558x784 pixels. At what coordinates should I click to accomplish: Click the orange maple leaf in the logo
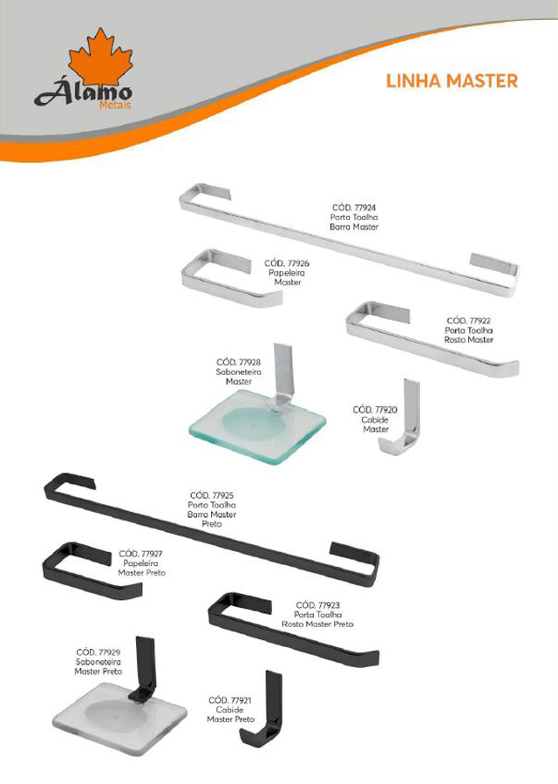pos(100,58)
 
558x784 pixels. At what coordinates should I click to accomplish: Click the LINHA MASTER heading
pos(452,81)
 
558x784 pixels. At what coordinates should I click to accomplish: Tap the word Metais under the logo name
pos(115,105)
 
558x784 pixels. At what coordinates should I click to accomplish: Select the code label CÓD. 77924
pos(354,208)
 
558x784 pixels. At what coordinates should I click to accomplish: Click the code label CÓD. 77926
pos(287,263)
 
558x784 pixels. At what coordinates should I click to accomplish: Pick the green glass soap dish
pos(257,425)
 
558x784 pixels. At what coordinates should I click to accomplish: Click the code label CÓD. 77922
pos(468,321)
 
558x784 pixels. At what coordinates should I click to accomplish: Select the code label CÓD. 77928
pos(239,362)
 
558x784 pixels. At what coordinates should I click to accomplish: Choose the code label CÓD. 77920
pos(375,410)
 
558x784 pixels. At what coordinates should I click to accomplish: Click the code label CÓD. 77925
pos(212,495)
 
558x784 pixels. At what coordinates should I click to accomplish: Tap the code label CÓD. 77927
pos(141,554)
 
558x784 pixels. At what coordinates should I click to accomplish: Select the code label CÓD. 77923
pos(317,605)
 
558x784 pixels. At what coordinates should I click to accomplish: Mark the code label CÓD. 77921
pos(230,700)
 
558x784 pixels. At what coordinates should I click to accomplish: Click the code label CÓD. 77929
pos(99,652)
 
